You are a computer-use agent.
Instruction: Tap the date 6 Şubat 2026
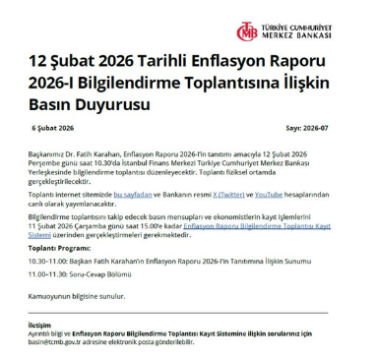[x=53, y=129]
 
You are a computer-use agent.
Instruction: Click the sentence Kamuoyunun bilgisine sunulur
[x=78, y=294]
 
